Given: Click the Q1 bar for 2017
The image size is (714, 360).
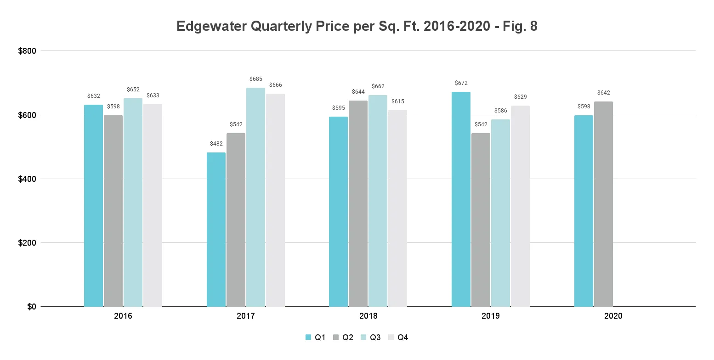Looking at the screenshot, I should point(216,230).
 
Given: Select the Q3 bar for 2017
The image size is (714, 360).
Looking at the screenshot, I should point(255,197).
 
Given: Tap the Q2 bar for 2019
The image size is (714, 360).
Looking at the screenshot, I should point(481,220).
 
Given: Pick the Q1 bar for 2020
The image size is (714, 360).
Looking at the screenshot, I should point(584,211).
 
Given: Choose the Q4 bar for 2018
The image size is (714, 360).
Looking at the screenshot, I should point(397,208).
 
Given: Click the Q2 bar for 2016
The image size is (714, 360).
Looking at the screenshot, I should point(113,211).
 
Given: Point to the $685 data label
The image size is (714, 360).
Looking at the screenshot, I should point(255,79).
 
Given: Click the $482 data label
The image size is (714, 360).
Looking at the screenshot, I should point(216,144).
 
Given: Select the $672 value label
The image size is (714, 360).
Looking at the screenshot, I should point(461,83).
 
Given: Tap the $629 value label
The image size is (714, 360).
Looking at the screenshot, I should point(520,97).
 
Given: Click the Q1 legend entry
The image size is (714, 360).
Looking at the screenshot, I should point(316,337).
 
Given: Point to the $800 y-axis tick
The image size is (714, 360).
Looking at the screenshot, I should point(27,51).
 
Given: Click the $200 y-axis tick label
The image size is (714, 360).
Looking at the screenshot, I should point(27,242).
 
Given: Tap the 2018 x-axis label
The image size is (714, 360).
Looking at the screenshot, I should point(368,316).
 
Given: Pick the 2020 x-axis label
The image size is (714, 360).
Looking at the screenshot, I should point(613,316).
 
